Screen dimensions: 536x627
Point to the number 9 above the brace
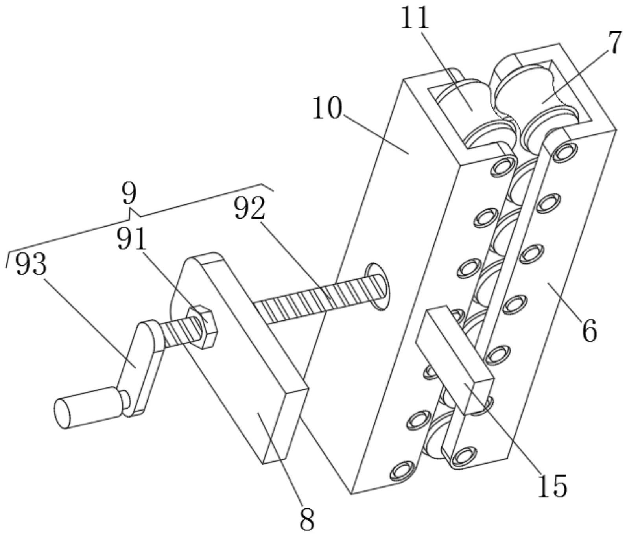(x=129, y=194)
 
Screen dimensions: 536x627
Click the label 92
(x=249, y=208)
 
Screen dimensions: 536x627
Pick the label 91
(x=131, y=239)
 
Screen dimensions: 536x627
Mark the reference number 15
(x=552, y=486)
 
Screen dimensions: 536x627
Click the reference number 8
(x=307, y=520)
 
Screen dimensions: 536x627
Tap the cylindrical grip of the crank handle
(x=87, y=407)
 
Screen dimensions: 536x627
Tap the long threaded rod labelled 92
(x=315, y=297)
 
